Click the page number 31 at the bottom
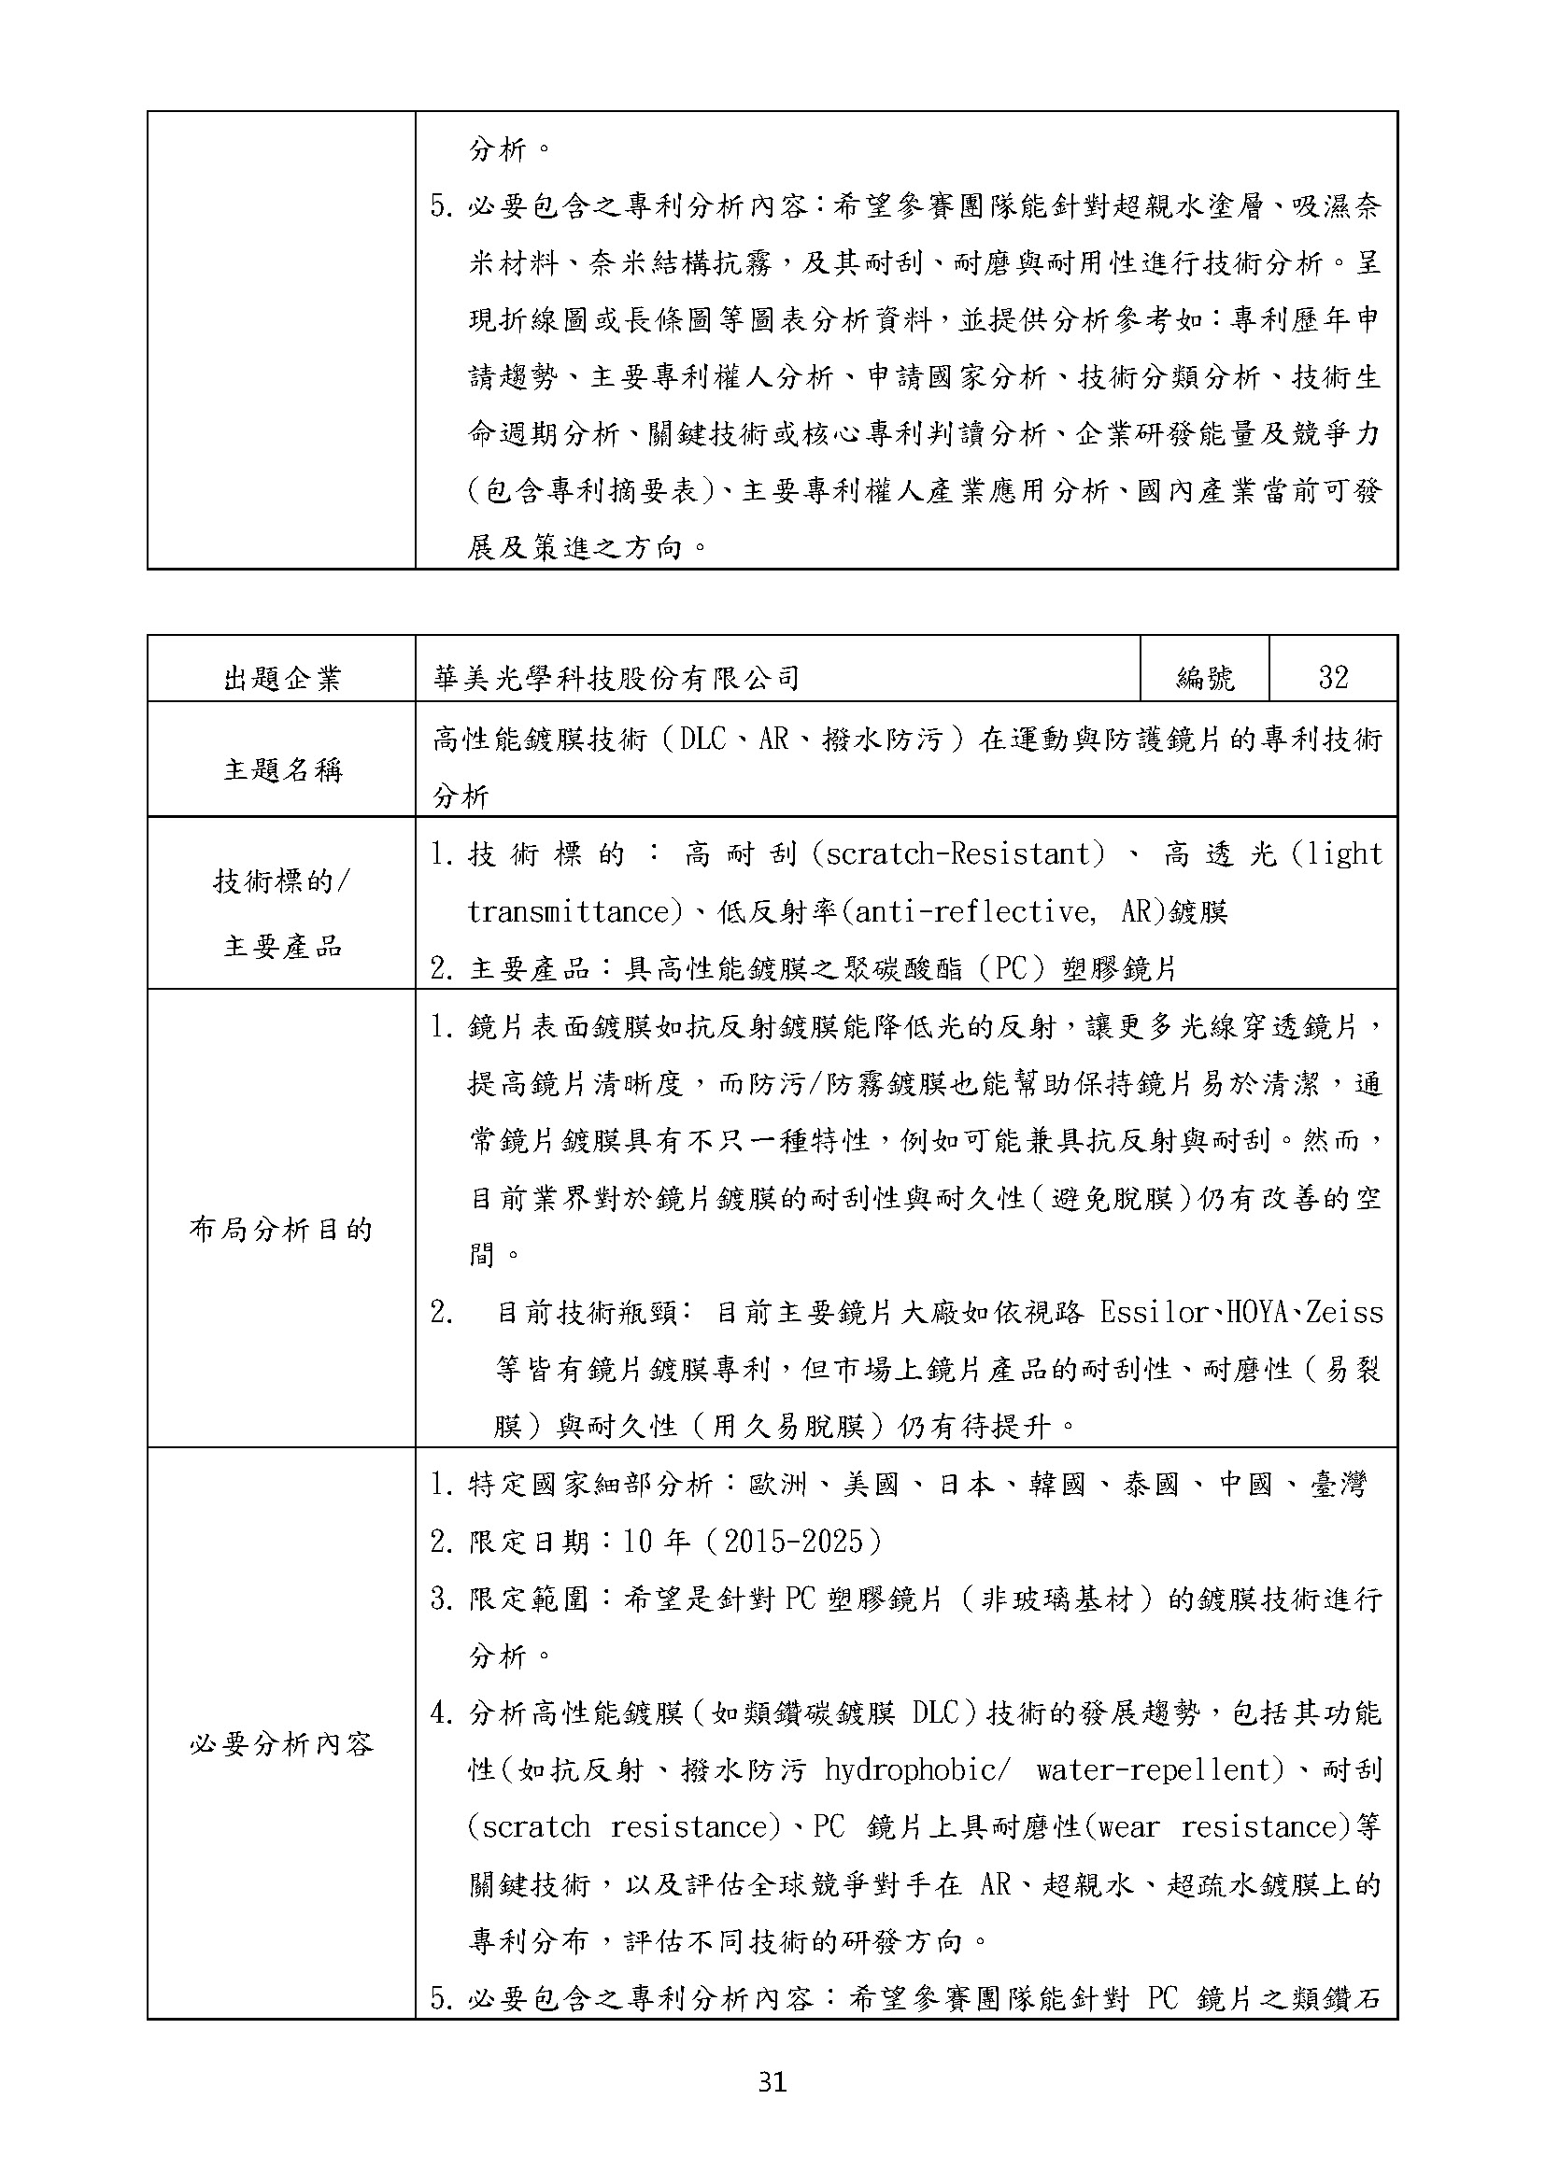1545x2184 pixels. (772, 2082)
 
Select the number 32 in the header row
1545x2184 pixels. (1333, 677)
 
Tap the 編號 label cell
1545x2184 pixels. (1204, 677)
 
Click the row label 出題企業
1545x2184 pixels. (281, 678)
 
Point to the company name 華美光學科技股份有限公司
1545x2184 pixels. (617, 677)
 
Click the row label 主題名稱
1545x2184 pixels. (281, 768)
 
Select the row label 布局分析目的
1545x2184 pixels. (281, 1230)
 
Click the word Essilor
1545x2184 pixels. (1154, 1313)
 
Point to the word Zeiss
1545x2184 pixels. (1344, 1313)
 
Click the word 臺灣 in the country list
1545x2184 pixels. (1339, 1484)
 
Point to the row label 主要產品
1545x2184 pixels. (281, 946)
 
